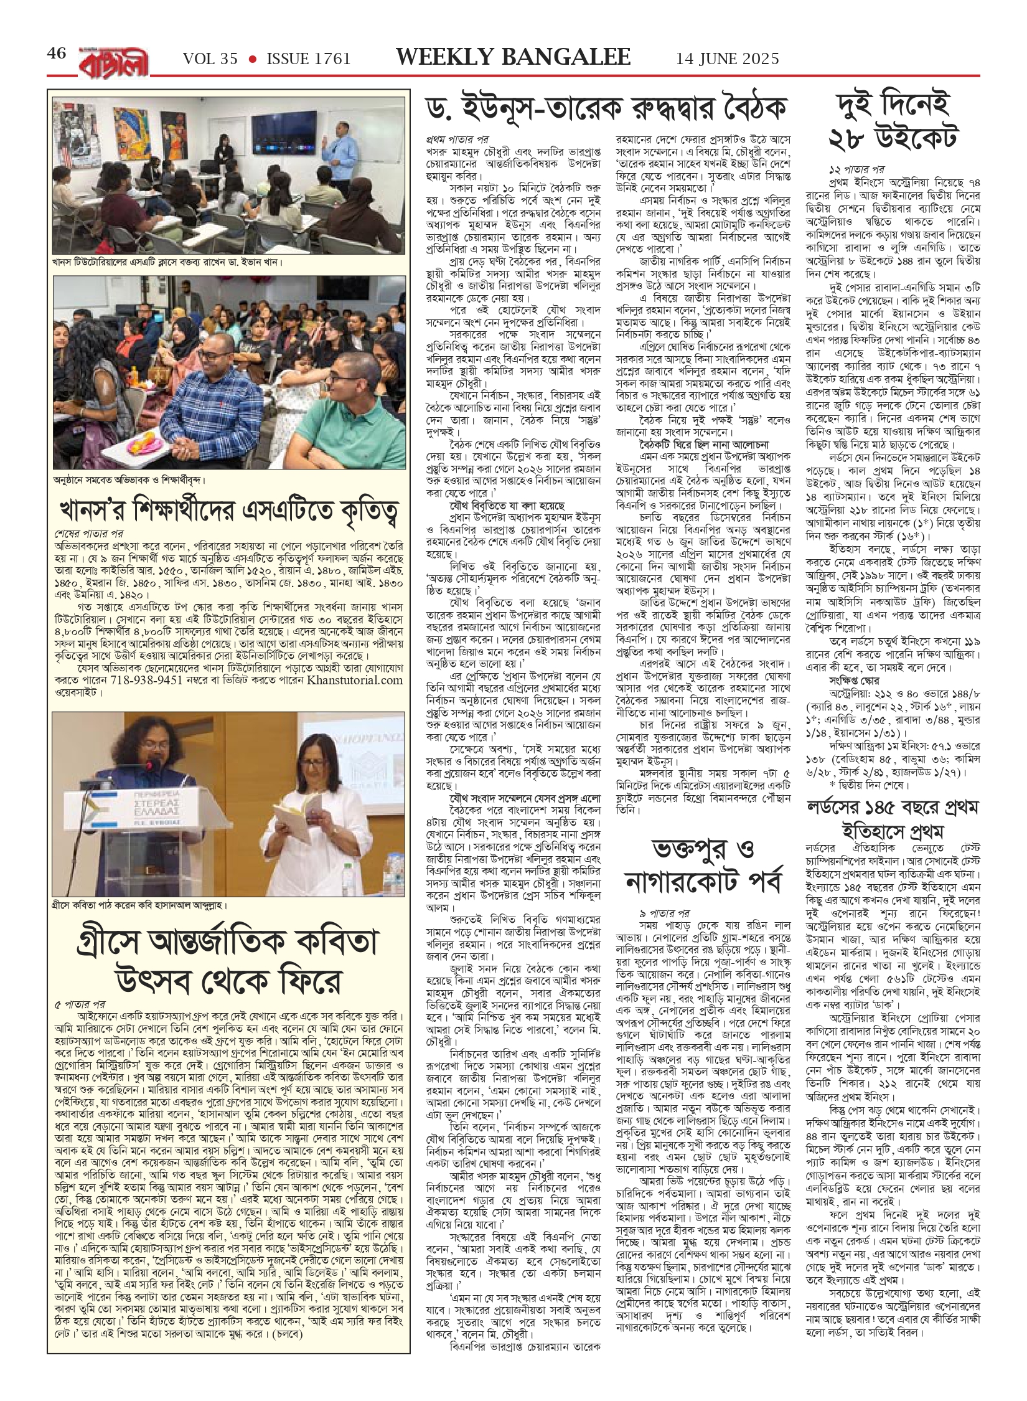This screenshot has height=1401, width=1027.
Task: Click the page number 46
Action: coord(57,54)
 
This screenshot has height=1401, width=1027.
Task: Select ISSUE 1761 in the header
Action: coord(309,59)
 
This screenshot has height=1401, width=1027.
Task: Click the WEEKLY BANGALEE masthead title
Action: coord(513,57)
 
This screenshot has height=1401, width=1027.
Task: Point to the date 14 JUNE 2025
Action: coord(728,59)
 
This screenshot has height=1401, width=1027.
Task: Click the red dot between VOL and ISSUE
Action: coord(252,59)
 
